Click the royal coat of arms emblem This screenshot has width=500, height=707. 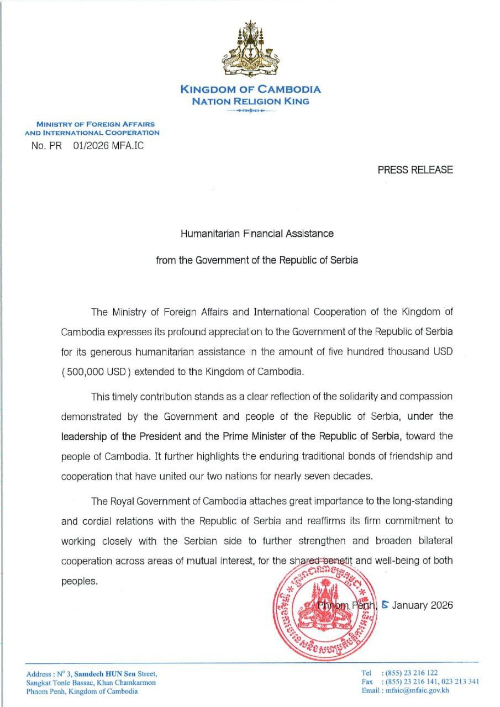pos(250,50)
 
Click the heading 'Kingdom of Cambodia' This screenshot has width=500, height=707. pos(250,89)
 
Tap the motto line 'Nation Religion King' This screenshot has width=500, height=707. pos(250,101)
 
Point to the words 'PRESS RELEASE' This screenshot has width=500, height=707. pos(415,170)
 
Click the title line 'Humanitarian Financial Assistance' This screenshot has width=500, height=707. pos(257,233)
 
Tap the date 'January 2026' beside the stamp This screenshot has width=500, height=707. pos(422,605)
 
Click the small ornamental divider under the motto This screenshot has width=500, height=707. pos(250,111)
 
